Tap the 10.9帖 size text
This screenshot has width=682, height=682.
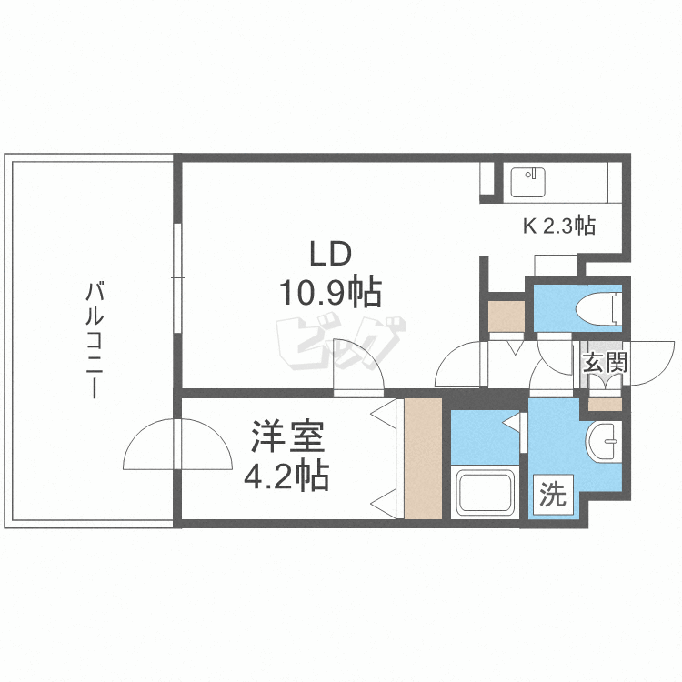(328, 293)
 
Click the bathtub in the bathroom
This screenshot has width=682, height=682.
(485, 493)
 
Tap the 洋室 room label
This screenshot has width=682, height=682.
(288, 439)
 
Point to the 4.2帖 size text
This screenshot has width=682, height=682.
(287, 476)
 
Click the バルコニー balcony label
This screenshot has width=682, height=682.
(92, 341)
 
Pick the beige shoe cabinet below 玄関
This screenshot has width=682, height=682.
(605, 400)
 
